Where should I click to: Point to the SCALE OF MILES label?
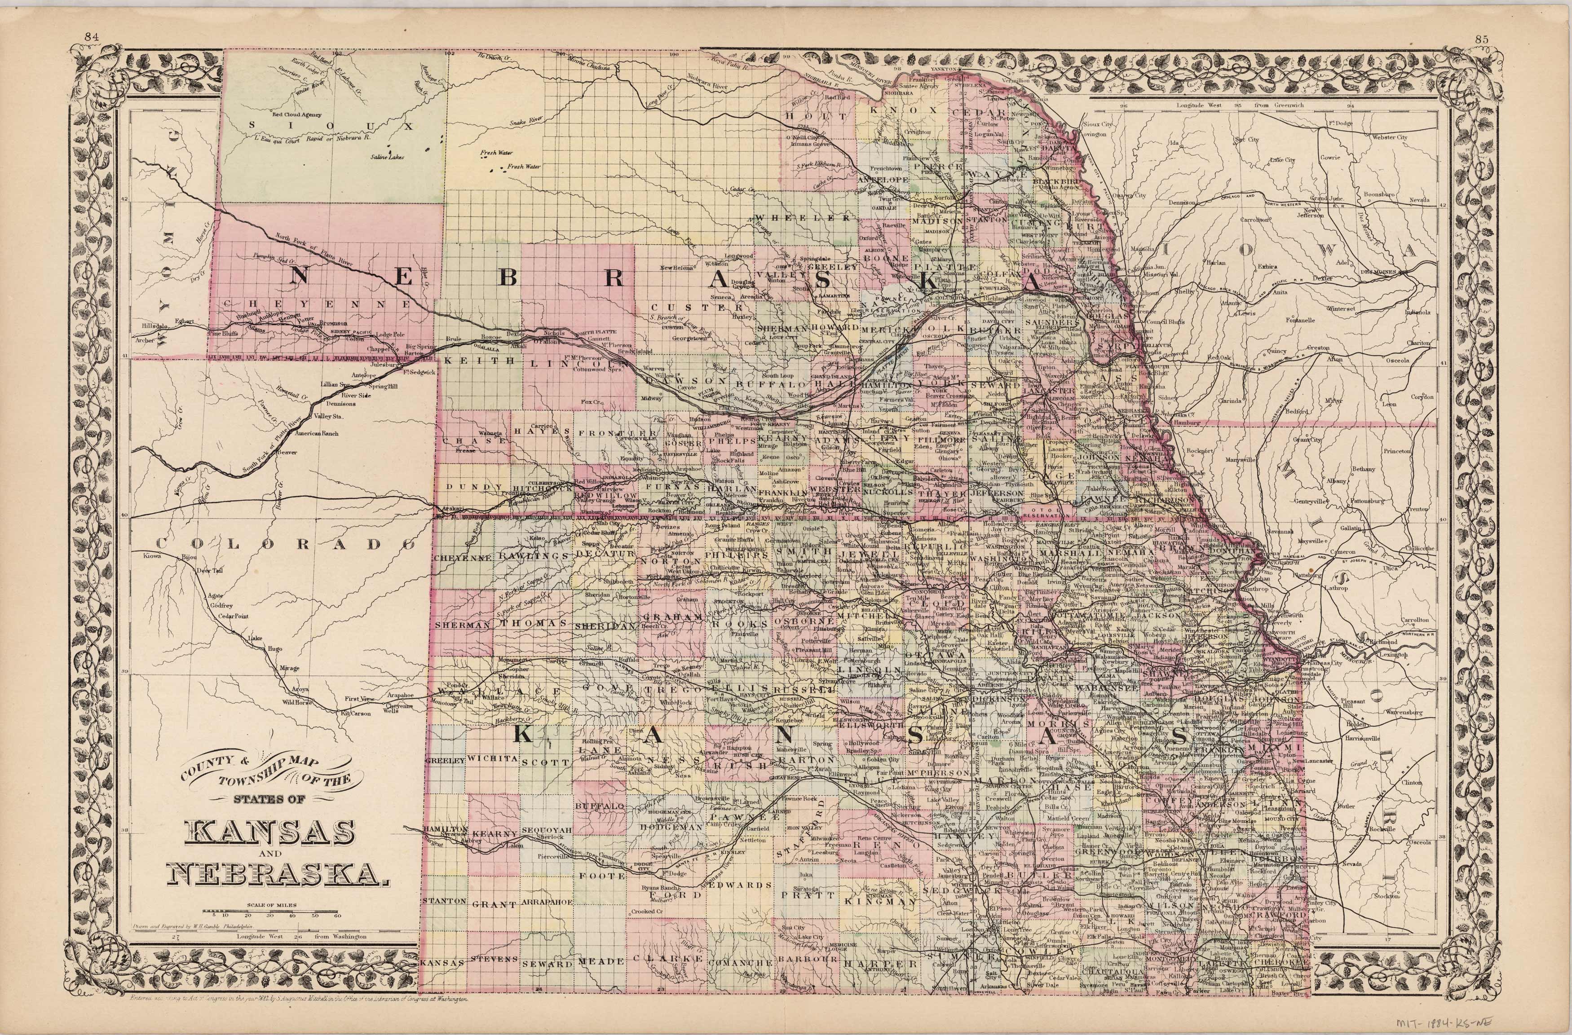click(x=271, y=906)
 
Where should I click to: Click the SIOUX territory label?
click(x=331, y=125)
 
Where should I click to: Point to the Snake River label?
click(x=526, y=122)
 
